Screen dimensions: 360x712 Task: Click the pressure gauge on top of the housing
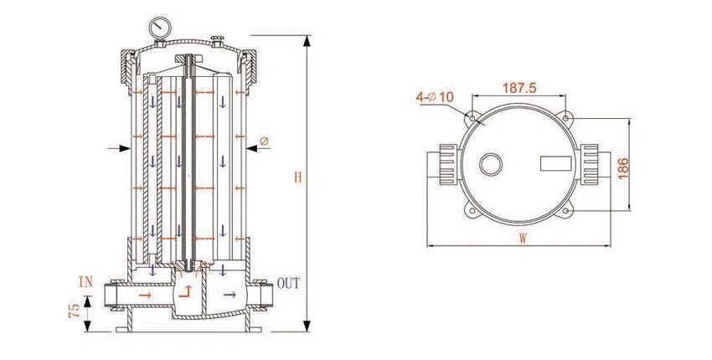coord(157,27)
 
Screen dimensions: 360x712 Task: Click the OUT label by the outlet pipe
coord(288,283)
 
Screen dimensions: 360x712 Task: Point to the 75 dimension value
coord(75,311)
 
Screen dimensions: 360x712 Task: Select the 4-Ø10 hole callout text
coord(434,97)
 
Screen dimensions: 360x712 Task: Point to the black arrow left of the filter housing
coord(115,149)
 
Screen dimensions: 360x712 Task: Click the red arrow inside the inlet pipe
coord(146,296)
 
